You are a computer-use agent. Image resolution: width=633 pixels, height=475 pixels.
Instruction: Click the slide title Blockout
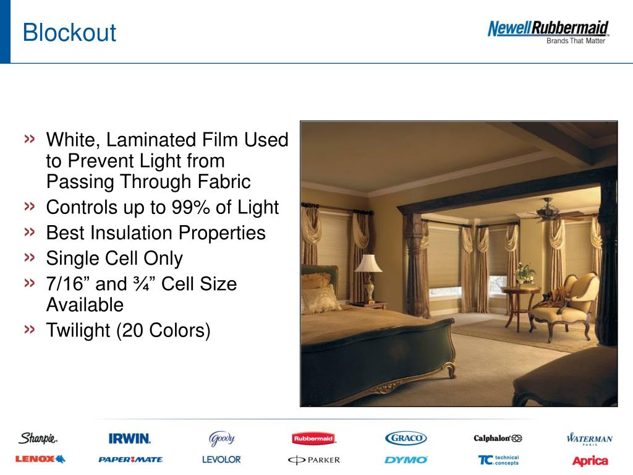click(x=69, y=32)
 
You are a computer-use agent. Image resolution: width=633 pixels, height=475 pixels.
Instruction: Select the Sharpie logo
click(x=38, y=439)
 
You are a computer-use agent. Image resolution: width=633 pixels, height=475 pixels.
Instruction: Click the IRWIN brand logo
click(x=130, y=439)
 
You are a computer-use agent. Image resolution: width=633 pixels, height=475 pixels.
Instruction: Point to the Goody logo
click(x=221, y=439)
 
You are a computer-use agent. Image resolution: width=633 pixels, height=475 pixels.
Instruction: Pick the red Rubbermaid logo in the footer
click(x=313, y=439)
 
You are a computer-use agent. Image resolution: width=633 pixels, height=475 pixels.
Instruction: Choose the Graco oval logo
click(x=406, y=439)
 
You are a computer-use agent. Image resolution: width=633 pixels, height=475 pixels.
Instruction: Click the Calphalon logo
click(x=498, y=439)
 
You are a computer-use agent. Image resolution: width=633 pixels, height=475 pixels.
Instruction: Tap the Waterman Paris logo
click(x=590, y=439)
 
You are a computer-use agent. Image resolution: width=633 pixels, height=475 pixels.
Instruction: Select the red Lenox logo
click(x=40, y=460)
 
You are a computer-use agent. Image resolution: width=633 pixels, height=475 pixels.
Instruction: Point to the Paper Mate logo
click(x=130, y=460)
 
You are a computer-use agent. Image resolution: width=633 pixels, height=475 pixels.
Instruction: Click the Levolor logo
click(x=221, y=460)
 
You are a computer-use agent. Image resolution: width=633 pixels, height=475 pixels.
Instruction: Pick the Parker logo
click(x=313, y=460)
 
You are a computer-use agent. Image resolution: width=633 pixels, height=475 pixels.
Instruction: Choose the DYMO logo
click(x=406, y=460)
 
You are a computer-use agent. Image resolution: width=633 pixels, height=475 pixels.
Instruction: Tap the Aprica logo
click(x=590, y=460)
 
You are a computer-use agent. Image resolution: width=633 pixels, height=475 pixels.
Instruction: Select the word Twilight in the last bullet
click(x=78, y=330)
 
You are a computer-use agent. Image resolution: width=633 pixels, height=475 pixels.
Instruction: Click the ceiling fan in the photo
click(x=552, y=212)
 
